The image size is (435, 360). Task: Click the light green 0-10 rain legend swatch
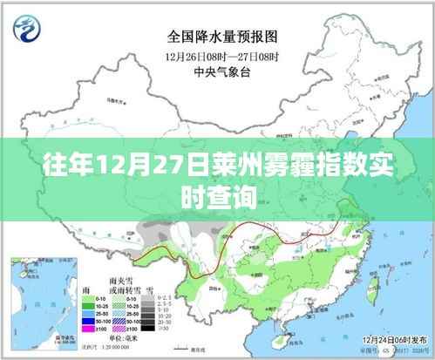[88, 299]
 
